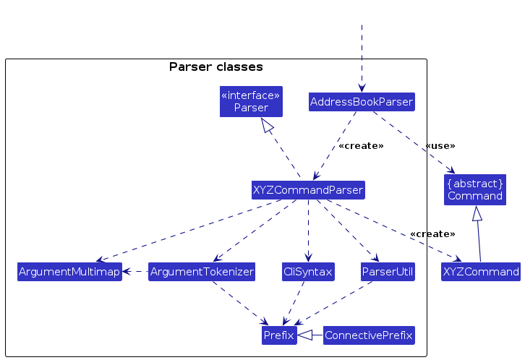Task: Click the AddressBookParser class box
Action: coord(362,102)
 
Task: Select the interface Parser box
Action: coord(251,101)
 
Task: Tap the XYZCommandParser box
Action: coord(308,190)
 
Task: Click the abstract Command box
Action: coord(475,189)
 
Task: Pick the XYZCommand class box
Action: coord(481,272)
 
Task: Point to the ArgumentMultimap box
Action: coord(69,272)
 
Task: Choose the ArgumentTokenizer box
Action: coord(202,272)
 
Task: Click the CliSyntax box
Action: coord(308,272)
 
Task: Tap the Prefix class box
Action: coord(279,335)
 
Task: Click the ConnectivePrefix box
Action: coord(369,335)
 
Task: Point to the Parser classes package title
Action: coord(215,67)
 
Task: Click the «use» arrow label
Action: coord(440,146)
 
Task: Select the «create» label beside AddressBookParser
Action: coord(360,146)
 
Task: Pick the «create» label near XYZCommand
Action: coord(432,234)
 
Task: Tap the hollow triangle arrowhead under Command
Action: coord(475,213)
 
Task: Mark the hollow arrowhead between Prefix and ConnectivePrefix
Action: coord(305,335)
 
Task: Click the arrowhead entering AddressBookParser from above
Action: coord(362,87)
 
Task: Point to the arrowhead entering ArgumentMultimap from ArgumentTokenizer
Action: coord(127,272)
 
